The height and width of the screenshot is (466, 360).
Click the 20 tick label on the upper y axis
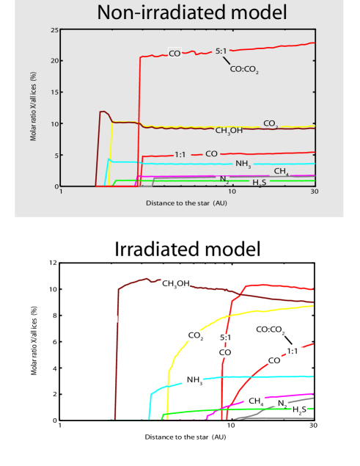tap(55, 61)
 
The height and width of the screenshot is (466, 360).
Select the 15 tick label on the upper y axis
tap(55, 92)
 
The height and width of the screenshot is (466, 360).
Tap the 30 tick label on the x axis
tap(315, 192)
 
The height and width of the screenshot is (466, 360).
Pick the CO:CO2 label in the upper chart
tap(244, 70)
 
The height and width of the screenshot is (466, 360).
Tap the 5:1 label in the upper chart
tap(222, 51)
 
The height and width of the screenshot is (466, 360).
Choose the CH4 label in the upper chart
tap(281, 171)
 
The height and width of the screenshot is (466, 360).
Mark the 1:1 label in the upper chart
tap(182, 154)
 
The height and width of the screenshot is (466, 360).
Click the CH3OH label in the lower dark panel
tap(176, 283)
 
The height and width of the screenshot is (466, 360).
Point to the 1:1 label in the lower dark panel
tap(292, 352)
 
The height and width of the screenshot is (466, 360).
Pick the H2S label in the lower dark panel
tap(299, 410)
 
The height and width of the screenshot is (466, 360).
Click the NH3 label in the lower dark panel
tap(194, 380)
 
